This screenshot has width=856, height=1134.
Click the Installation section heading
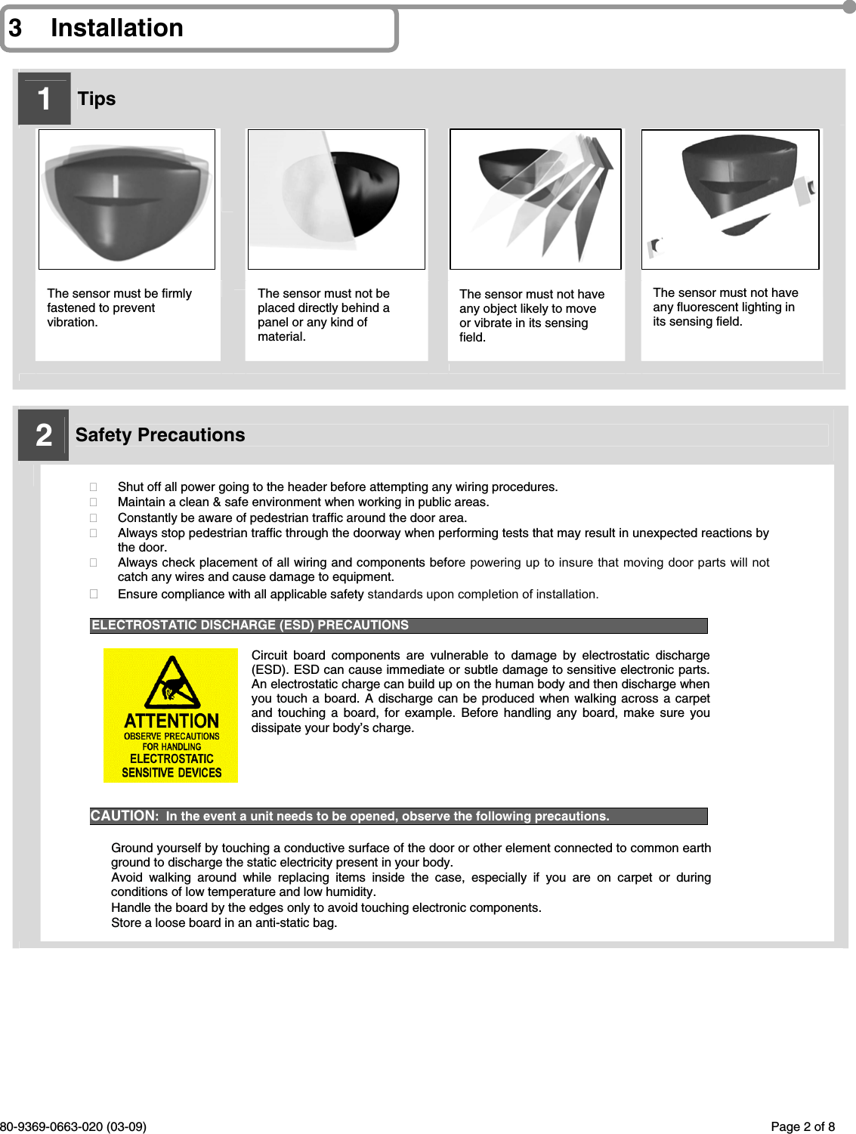tap(116, 28)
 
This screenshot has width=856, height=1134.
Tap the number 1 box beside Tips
tap(44, 99)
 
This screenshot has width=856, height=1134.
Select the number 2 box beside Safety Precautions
tap(44, 435)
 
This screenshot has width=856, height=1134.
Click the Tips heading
tap(97, 99)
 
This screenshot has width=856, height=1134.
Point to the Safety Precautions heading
tap(160, 435)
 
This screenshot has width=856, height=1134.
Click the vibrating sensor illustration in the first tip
tap(126, 199)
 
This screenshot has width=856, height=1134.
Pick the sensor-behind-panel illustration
tap(336, 199)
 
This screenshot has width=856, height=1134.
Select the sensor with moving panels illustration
tap(536, 199)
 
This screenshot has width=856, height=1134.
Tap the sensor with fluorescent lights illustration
tap(730, 199)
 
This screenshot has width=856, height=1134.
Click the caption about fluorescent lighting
tap(725, 307)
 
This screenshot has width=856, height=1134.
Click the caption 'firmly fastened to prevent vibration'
tap(119, 307)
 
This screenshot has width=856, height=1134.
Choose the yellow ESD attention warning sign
tap(171, 715)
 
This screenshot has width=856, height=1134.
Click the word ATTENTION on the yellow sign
tap(172, 721)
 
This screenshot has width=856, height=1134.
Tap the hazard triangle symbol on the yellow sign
tap(172, 684)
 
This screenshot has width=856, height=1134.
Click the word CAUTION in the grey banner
tap(124, 816)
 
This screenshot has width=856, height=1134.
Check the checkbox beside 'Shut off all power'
tap(94, 487)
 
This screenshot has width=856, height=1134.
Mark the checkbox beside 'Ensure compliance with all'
tap(94, 594)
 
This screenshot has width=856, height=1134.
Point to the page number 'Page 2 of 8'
tap(802, 1126)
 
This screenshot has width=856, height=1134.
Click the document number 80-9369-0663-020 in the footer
tap(73, 1126)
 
